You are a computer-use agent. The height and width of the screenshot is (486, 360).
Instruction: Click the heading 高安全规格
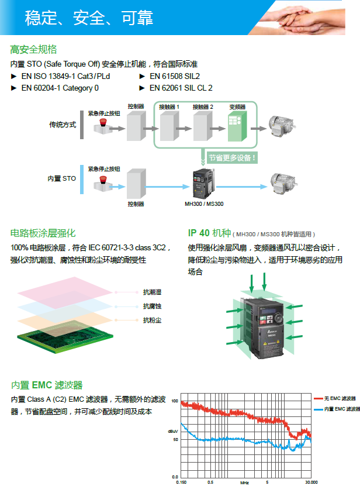33,49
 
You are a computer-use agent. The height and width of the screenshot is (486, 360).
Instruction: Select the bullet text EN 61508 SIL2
175,76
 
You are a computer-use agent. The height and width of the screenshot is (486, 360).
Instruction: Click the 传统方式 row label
63,125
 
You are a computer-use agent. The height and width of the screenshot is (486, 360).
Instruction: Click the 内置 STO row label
62,178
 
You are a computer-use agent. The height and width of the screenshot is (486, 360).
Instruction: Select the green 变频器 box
237,125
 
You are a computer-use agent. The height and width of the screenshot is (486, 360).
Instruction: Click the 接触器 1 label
169,107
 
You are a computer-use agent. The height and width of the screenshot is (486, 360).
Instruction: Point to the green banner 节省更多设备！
232,157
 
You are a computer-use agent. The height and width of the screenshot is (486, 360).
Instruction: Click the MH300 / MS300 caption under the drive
204,204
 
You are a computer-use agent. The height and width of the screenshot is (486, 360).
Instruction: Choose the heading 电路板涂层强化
43,233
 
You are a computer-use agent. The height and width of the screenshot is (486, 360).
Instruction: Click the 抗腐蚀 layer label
152,306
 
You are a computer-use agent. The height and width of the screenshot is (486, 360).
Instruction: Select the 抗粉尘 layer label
152,320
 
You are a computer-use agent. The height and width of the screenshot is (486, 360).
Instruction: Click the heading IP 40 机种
210,233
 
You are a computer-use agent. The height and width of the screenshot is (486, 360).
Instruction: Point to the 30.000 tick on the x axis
311,482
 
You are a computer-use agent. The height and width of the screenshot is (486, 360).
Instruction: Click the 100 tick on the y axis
174,401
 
